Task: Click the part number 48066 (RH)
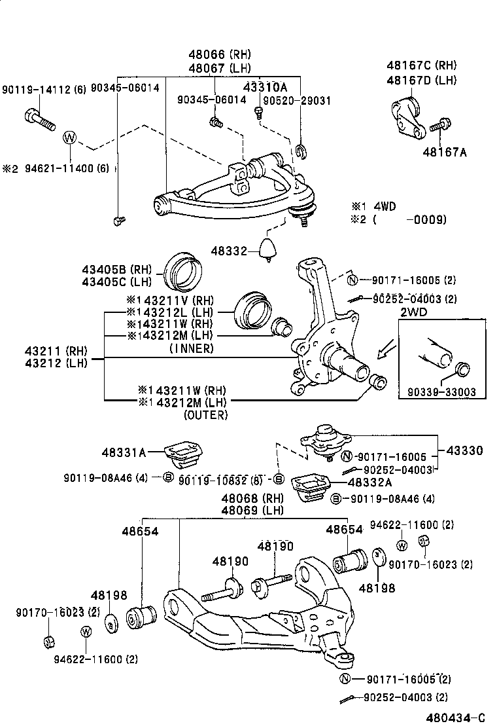tap(220, 54)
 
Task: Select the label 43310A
tap(266, 86)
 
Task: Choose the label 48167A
tap(445, 152)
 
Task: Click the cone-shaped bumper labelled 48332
tap(268, 249)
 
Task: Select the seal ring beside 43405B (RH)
tap(184, 270)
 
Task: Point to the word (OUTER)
tap(205, 414)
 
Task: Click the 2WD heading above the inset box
tap(413, 312)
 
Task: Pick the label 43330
tap(465, 451)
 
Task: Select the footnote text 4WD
tap(383, 206)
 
